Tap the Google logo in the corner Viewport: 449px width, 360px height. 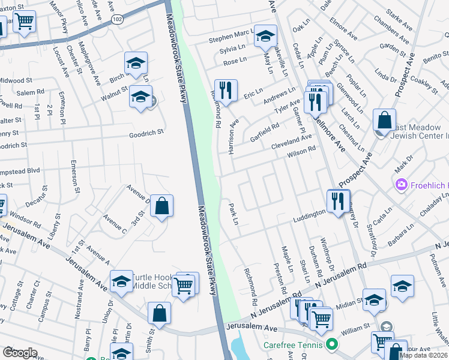(x=19, y=353)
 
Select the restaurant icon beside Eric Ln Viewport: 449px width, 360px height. (x=226, y=91)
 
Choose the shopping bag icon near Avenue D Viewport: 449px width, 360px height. (x=161, y=206)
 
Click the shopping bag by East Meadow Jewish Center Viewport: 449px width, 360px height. (x=384, y=120)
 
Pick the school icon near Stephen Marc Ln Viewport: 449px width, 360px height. (x=265, y=37)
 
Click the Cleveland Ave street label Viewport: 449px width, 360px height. (x=292, y=142)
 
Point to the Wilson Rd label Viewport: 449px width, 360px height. (x=301, y=152)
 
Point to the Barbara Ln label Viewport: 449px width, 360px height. (x=401, y=232)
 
